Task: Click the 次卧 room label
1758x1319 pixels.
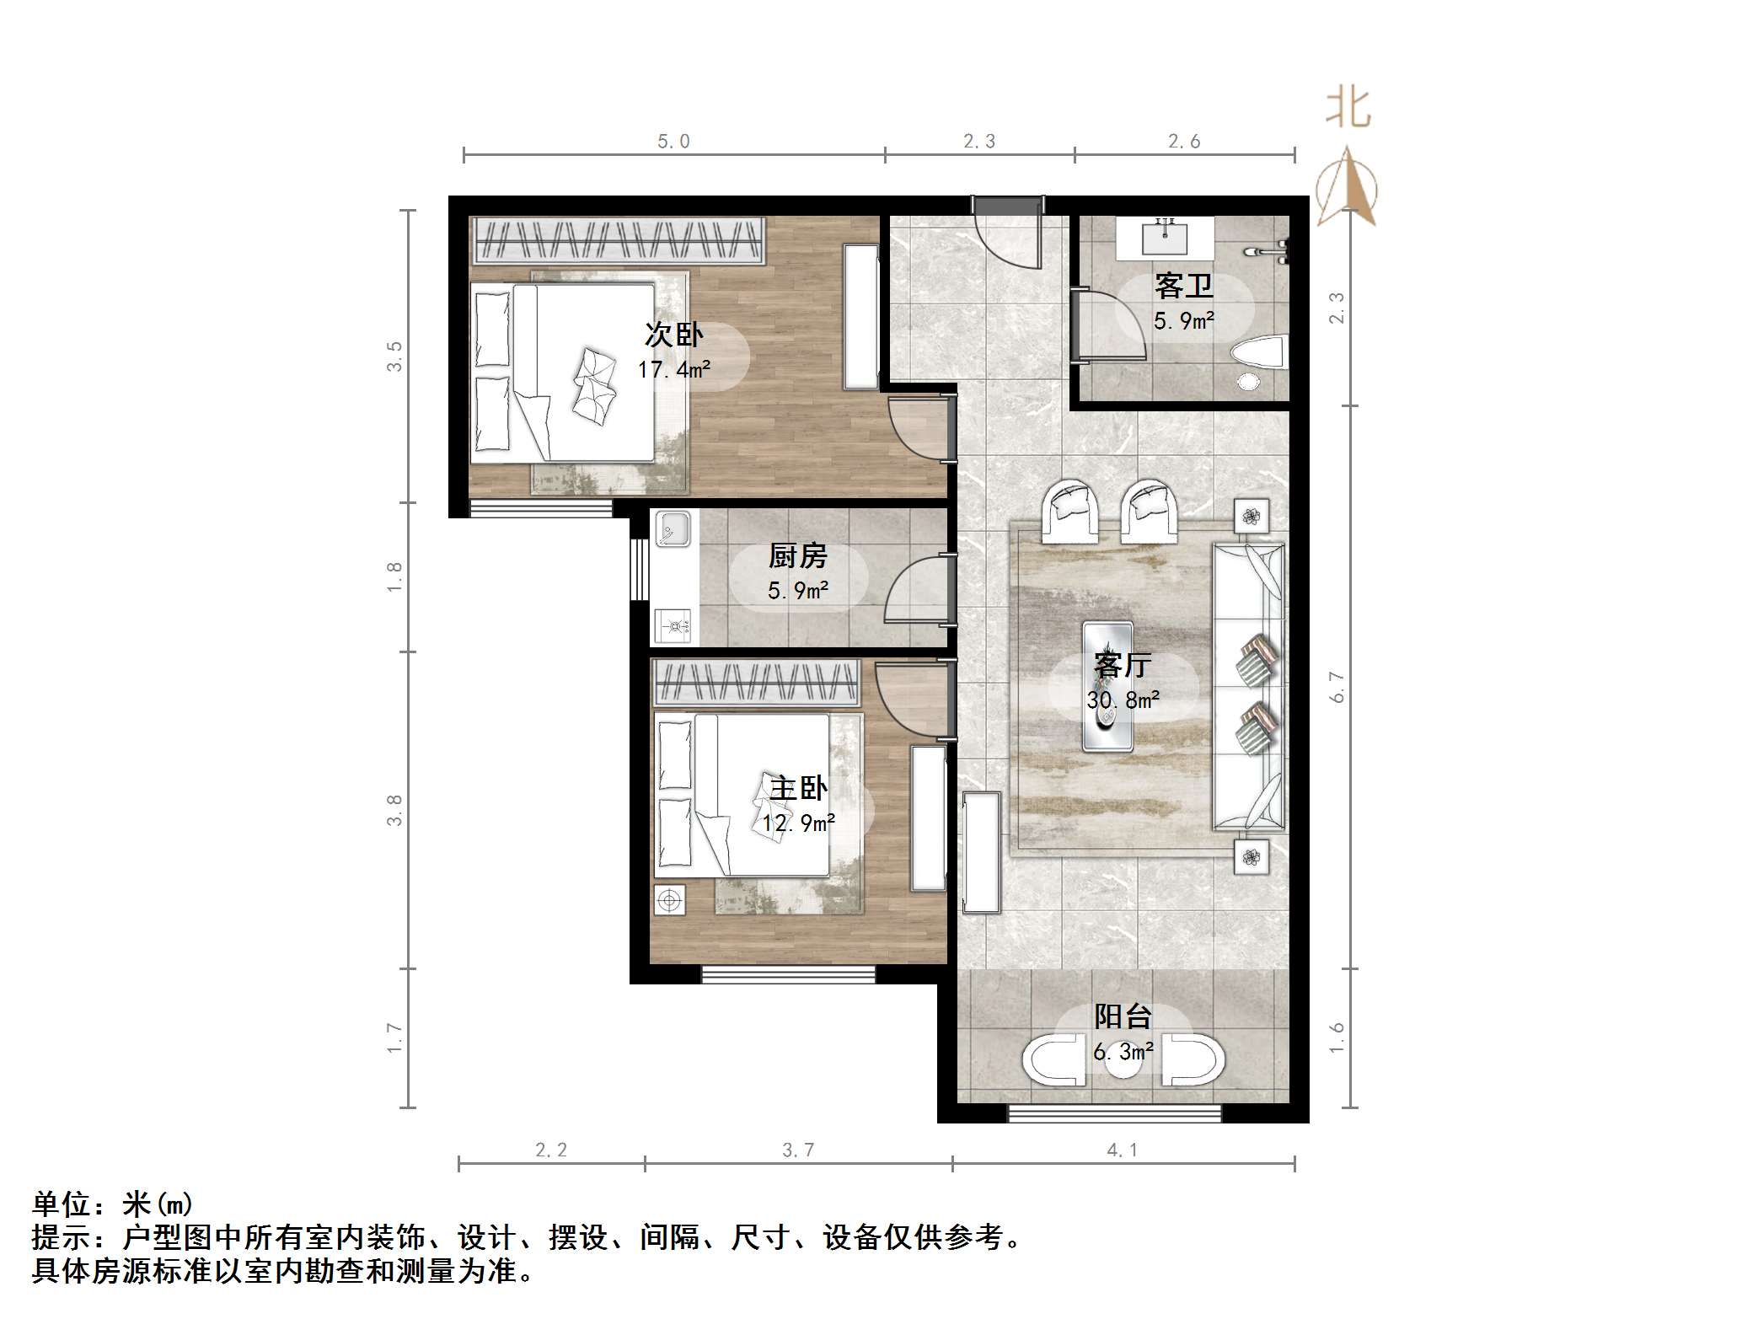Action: (x=673, y=335)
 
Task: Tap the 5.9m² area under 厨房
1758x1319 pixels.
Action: (x=797, y=590)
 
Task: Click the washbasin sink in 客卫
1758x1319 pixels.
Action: (x=1165, y=237)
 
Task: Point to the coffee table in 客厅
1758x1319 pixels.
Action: (x=1107, y=684)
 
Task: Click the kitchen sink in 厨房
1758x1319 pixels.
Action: (x=673, y=528)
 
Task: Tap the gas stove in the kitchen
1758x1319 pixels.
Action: (x=673, y=626)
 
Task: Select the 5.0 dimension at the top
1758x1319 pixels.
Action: (x=673, y=142)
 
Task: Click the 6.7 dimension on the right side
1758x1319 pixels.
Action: (x=1337, y=687)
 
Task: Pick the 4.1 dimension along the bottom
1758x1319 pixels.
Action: (x=1123, y=1150)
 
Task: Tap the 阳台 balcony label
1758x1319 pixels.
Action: (x=1123, y=1016)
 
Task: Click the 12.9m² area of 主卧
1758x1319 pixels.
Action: (x=798, y=823)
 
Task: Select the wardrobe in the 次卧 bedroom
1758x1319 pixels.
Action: (x=619, y=240)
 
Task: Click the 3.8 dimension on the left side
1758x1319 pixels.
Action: (x=394, y=810)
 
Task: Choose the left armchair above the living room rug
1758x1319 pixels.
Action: (x=1070, y=511)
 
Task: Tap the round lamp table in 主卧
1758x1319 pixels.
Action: (x=670, y=900)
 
